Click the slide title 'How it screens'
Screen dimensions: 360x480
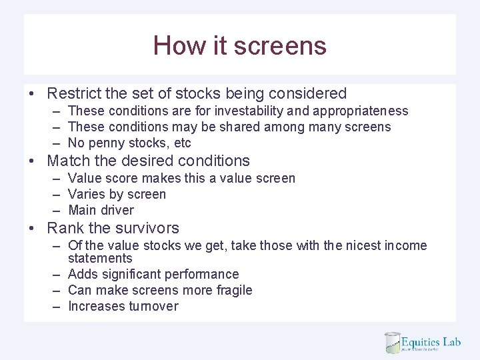[x=239, y=45]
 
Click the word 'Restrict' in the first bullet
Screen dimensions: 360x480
[x=74, y=93]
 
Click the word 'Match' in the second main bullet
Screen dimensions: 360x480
[x=69, y=161]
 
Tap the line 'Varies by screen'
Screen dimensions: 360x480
[x=117, y=194]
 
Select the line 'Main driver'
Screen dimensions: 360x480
[x=101, y=210]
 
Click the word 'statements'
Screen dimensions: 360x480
[x=100, y=258]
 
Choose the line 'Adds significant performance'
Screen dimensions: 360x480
[x=153, y=274]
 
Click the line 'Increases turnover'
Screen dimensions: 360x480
[x=123, y=306]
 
